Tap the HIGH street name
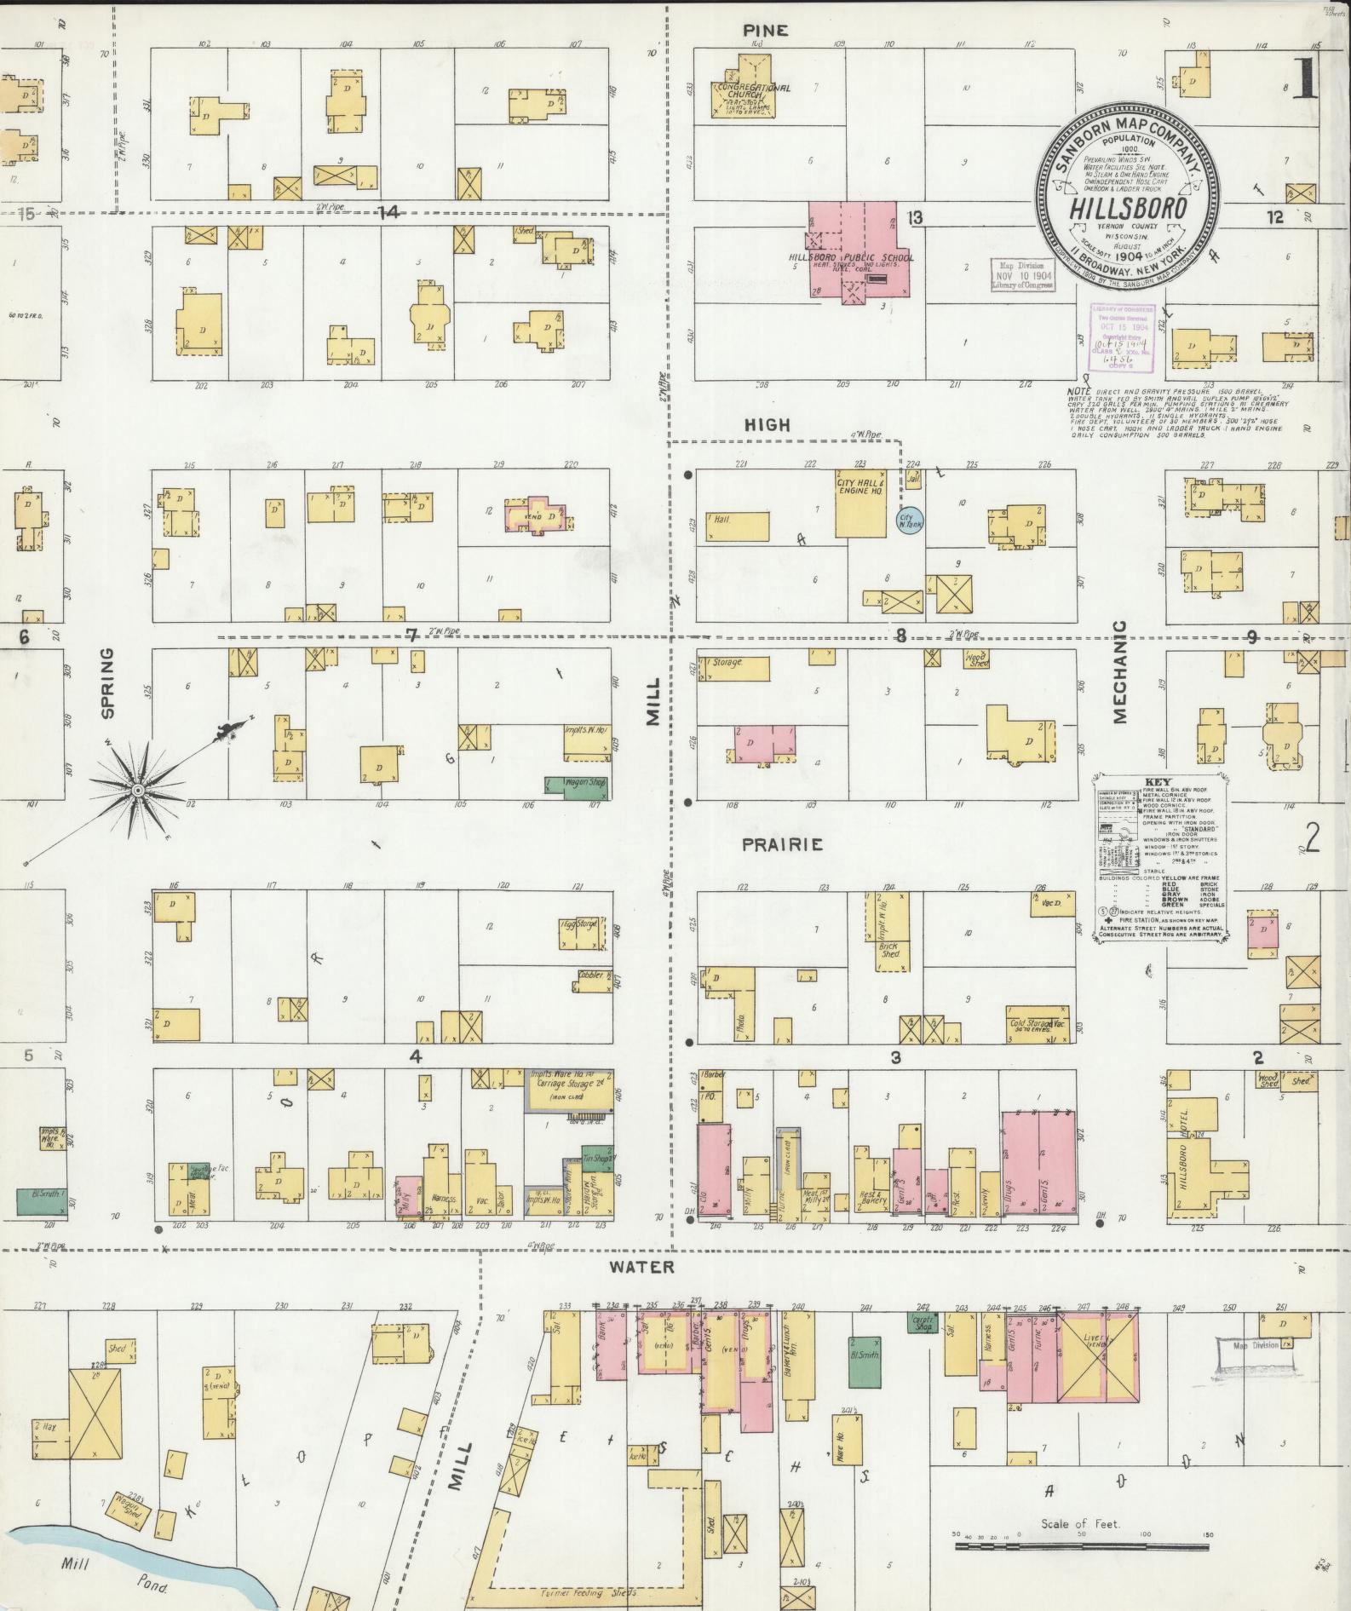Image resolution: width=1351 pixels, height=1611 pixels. click(x=767, y=424)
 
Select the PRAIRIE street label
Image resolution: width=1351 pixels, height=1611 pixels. click(x=782, y=844)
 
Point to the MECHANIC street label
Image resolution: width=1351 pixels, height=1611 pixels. click(x=1119, y=672)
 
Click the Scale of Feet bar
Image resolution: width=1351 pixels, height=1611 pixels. click(x=1082, y=1537)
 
